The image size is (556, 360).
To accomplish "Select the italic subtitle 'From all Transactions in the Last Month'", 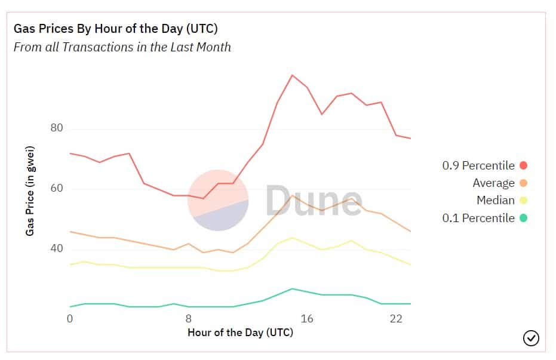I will (122, 47).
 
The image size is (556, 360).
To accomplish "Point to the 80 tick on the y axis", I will (56, 128).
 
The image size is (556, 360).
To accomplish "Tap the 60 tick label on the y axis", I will (56, 189).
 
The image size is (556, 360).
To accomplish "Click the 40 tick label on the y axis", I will (56, 248).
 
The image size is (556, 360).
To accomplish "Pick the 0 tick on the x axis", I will (70, 318).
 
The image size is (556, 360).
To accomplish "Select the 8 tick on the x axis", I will (189, 318).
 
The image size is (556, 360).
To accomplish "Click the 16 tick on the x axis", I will (306, 318).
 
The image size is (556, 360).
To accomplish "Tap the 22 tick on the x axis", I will (395, 318).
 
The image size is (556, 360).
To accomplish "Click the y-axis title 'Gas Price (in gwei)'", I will (29, 190).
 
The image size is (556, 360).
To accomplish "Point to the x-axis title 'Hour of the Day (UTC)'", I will (240, 332).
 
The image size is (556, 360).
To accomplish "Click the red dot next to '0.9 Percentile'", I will (524, 165).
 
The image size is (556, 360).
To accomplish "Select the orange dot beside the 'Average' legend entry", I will (524, 183).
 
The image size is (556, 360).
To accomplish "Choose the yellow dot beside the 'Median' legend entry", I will (524, 201).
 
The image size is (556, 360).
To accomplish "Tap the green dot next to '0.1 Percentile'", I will (524, 218).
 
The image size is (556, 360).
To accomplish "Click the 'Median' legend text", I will (495, 201).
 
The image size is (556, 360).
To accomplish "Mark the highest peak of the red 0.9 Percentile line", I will (292, 75).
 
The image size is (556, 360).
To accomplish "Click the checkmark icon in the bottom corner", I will (531, 339).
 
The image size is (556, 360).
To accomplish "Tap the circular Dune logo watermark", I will (218, 200).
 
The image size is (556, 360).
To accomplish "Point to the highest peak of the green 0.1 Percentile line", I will (292, 288).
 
